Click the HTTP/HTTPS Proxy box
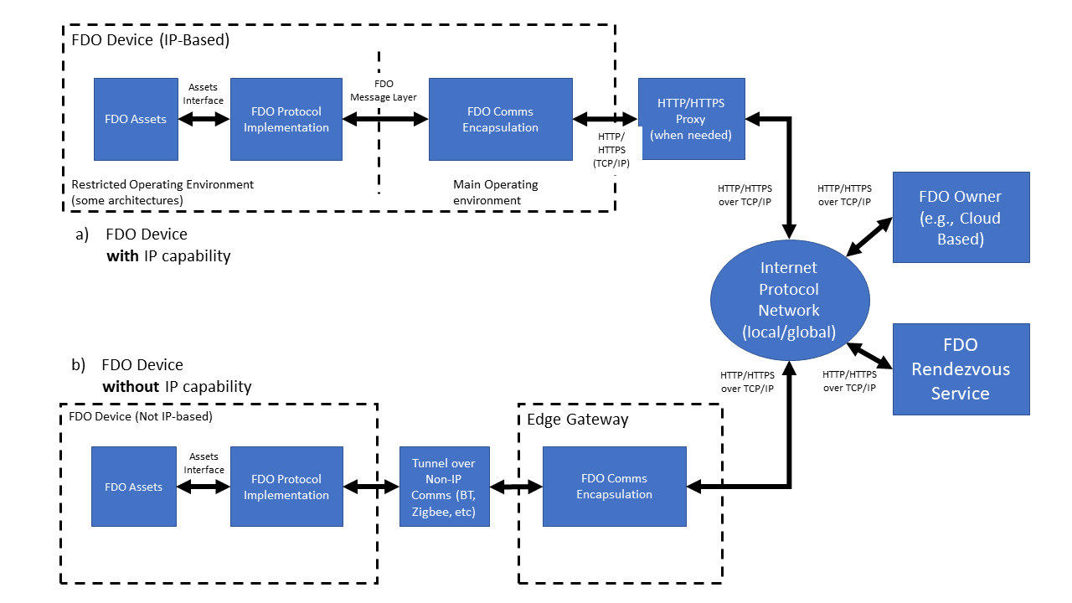691,119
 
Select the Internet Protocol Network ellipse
788,300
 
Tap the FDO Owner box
961,218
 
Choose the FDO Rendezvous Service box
961,368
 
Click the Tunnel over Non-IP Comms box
443,487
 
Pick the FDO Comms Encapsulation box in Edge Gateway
614,487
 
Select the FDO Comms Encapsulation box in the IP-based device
500,119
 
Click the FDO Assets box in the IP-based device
136,119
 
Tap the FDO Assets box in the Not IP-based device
133,487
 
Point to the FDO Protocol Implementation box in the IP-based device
286,119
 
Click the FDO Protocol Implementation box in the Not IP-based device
286,487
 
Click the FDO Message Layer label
384,90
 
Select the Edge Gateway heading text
577,420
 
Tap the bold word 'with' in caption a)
122,256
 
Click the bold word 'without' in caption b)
130,387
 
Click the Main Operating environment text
495,192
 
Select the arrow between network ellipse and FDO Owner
868,238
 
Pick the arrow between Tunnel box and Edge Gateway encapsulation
516,487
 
